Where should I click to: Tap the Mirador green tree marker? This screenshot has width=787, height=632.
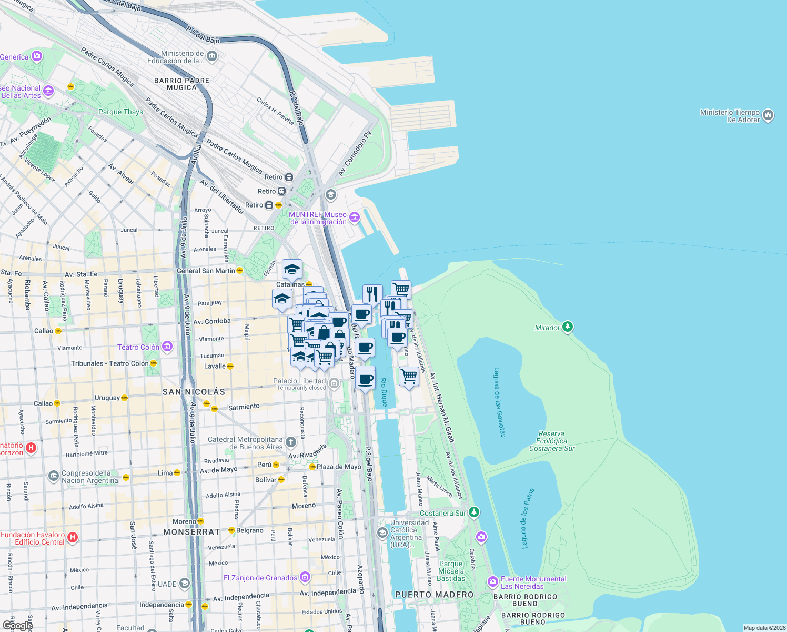coord(567,327)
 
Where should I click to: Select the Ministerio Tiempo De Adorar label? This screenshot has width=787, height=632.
coord(730,116)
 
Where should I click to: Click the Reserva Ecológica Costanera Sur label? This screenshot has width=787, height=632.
coord(552,441)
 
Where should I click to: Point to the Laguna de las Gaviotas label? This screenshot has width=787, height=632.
coord(499,402)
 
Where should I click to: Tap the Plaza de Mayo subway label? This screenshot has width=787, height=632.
coord(339,467)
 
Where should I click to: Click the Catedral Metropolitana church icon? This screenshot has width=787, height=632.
coord(291,442)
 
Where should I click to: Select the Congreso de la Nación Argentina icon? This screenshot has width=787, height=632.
coord(53,476)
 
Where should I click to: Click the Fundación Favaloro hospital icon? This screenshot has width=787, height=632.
coord(73,538)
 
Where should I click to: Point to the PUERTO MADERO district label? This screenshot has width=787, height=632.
coord(434,595)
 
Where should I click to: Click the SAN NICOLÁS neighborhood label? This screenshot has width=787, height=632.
coord(194,392)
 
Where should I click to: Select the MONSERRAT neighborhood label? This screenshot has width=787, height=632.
coord(191,532)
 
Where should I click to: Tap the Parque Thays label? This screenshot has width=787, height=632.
coord(120,112)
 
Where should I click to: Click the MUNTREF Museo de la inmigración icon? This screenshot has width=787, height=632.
coord(354,218)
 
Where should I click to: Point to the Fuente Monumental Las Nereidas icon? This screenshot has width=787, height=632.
coord(493,581)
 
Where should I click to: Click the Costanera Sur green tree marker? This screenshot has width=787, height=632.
coord(474,512)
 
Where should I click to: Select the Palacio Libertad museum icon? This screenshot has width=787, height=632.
coord(334,382)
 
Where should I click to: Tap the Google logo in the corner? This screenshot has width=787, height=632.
coord(17,625)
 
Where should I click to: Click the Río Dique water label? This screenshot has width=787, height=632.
coord(384,392)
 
